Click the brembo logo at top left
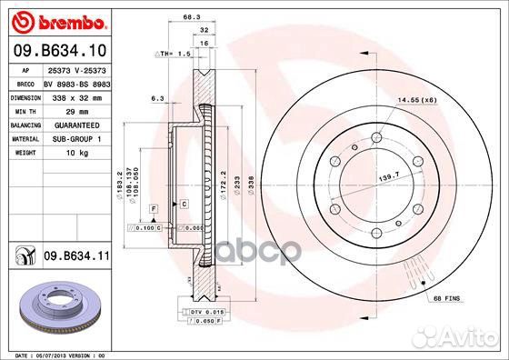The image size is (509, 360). (x=57, y=20)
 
